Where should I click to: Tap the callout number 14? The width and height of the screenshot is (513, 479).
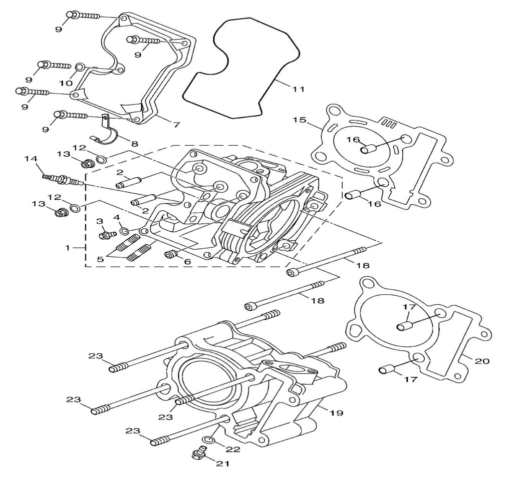click(x=31, y=159)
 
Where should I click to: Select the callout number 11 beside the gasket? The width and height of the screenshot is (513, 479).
click(x=299, y=89)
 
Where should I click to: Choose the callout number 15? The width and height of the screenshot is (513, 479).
click(x=299, y=120)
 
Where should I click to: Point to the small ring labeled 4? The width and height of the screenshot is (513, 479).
click(x=123, y=231)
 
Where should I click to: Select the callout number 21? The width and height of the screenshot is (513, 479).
click(x=222, y=463)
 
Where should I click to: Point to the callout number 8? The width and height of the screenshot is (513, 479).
click(x=134, y=144)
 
